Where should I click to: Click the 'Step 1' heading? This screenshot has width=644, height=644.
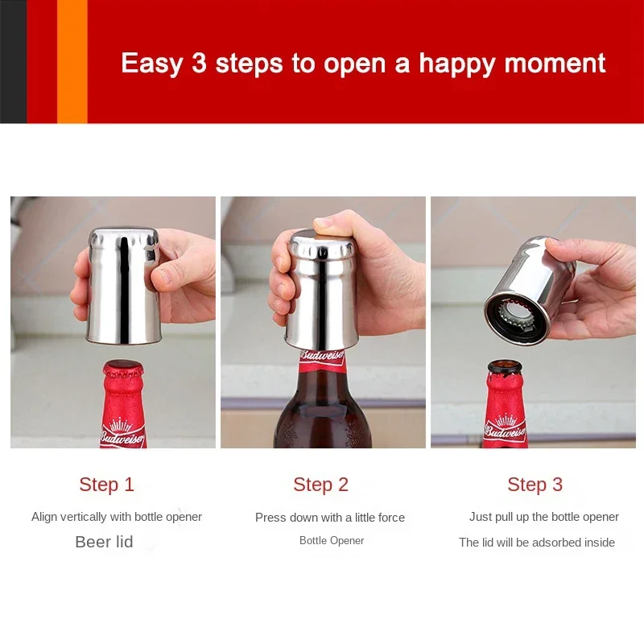point(106,485)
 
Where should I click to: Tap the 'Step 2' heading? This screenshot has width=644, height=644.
point(320,485)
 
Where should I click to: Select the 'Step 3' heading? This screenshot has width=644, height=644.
point(535,485)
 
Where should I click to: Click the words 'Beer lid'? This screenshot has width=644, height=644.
point(104,542)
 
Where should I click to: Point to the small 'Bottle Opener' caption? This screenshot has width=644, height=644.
point(332,541)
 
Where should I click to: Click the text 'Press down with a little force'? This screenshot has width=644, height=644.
point(330,518)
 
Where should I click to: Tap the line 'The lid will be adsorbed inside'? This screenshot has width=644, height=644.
point(537,543)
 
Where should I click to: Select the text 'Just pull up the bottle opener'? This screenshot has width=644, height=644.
point(544,517)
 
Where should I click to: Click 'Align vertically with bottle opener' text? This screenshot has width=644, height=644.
point(117,517)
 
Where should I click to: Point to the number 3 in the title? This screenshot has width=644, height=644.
point(200,63)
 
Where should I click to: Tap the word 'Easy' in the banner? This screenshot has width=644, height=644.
point(152,63)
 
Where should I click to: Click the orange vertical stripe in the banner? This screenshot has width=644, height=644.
point(72,61)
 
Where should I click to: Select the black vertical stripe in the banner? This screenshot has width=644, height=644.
point(13,61)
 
